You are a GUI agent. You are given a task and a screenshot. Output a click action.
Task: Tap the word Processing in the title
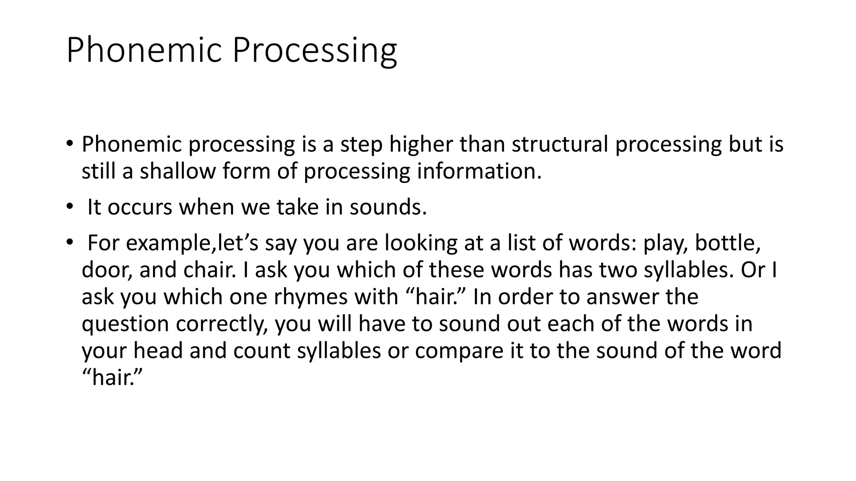pyautogui.click(x=314, y=51)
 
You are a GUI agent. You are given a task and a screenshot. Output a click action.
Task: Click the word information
pyautogui.click(x=479, y=171)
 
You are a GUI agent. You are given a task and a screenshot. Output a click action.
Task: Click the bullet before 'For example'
pyautogui.click(x=69, y=242)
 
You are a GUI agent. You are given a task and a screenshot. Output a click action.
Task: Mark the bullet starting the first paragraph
pyautogui.click(x=69, y=144)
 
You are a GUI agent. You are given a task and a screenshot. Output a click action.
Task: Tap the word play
pyautogui.click(x=665, y=243)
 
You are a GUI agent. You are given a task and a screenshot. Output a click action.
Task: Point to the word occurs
pyautogui.click(x=140, y=207)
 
